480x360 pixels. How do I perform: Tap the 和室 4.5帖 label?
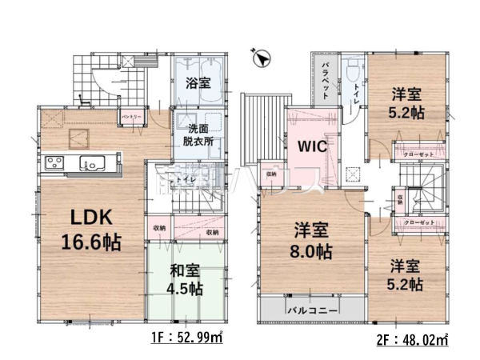pyautogui.click(x=185, y=280)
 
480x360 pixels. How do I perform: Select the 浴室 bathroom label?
pyautogui.click(x=197, y=83)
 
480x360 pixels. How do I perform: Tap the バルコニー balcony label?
pyautogui.click(x=311, y=307)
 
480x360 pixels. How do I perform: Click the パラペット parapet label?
pyautogui.click(x=326, y=77)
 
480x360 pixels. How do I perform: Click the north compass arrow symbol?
pyautogui.click(x=260, y=58)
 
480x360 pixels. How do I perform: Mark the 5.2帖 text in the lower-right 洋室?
pyautogui.click(x=407, y=282)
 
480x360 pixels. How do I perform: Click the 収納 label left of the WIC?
pyautogui.click(x=271, y=174)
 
